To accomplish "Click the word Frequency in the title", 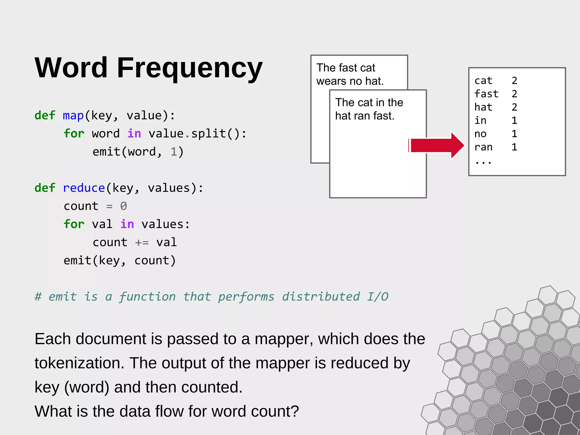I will (189, 68).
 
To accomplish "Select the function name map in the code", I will (73, 116).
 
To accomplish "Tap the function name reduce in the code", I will (84, 188).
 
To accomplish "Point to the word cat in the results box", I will (483, 81).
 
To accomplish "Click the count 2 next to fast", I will (514, 94).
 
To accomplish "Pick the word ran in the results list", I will (483, 147).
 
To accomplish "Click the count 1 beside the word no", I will (514, 134).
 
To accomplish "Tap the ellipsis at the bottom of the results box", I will (483, 162).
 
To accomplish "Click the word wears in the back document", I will (331, 82).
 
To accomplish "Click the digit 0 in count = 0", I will (123, 206).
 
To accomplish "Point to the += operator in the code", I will (142, 243).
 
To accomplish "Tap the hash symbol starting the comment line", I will (38, 297).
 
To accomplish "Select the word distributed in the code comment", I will (321, 297).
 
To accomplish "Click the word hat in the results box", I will (483, 107).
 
